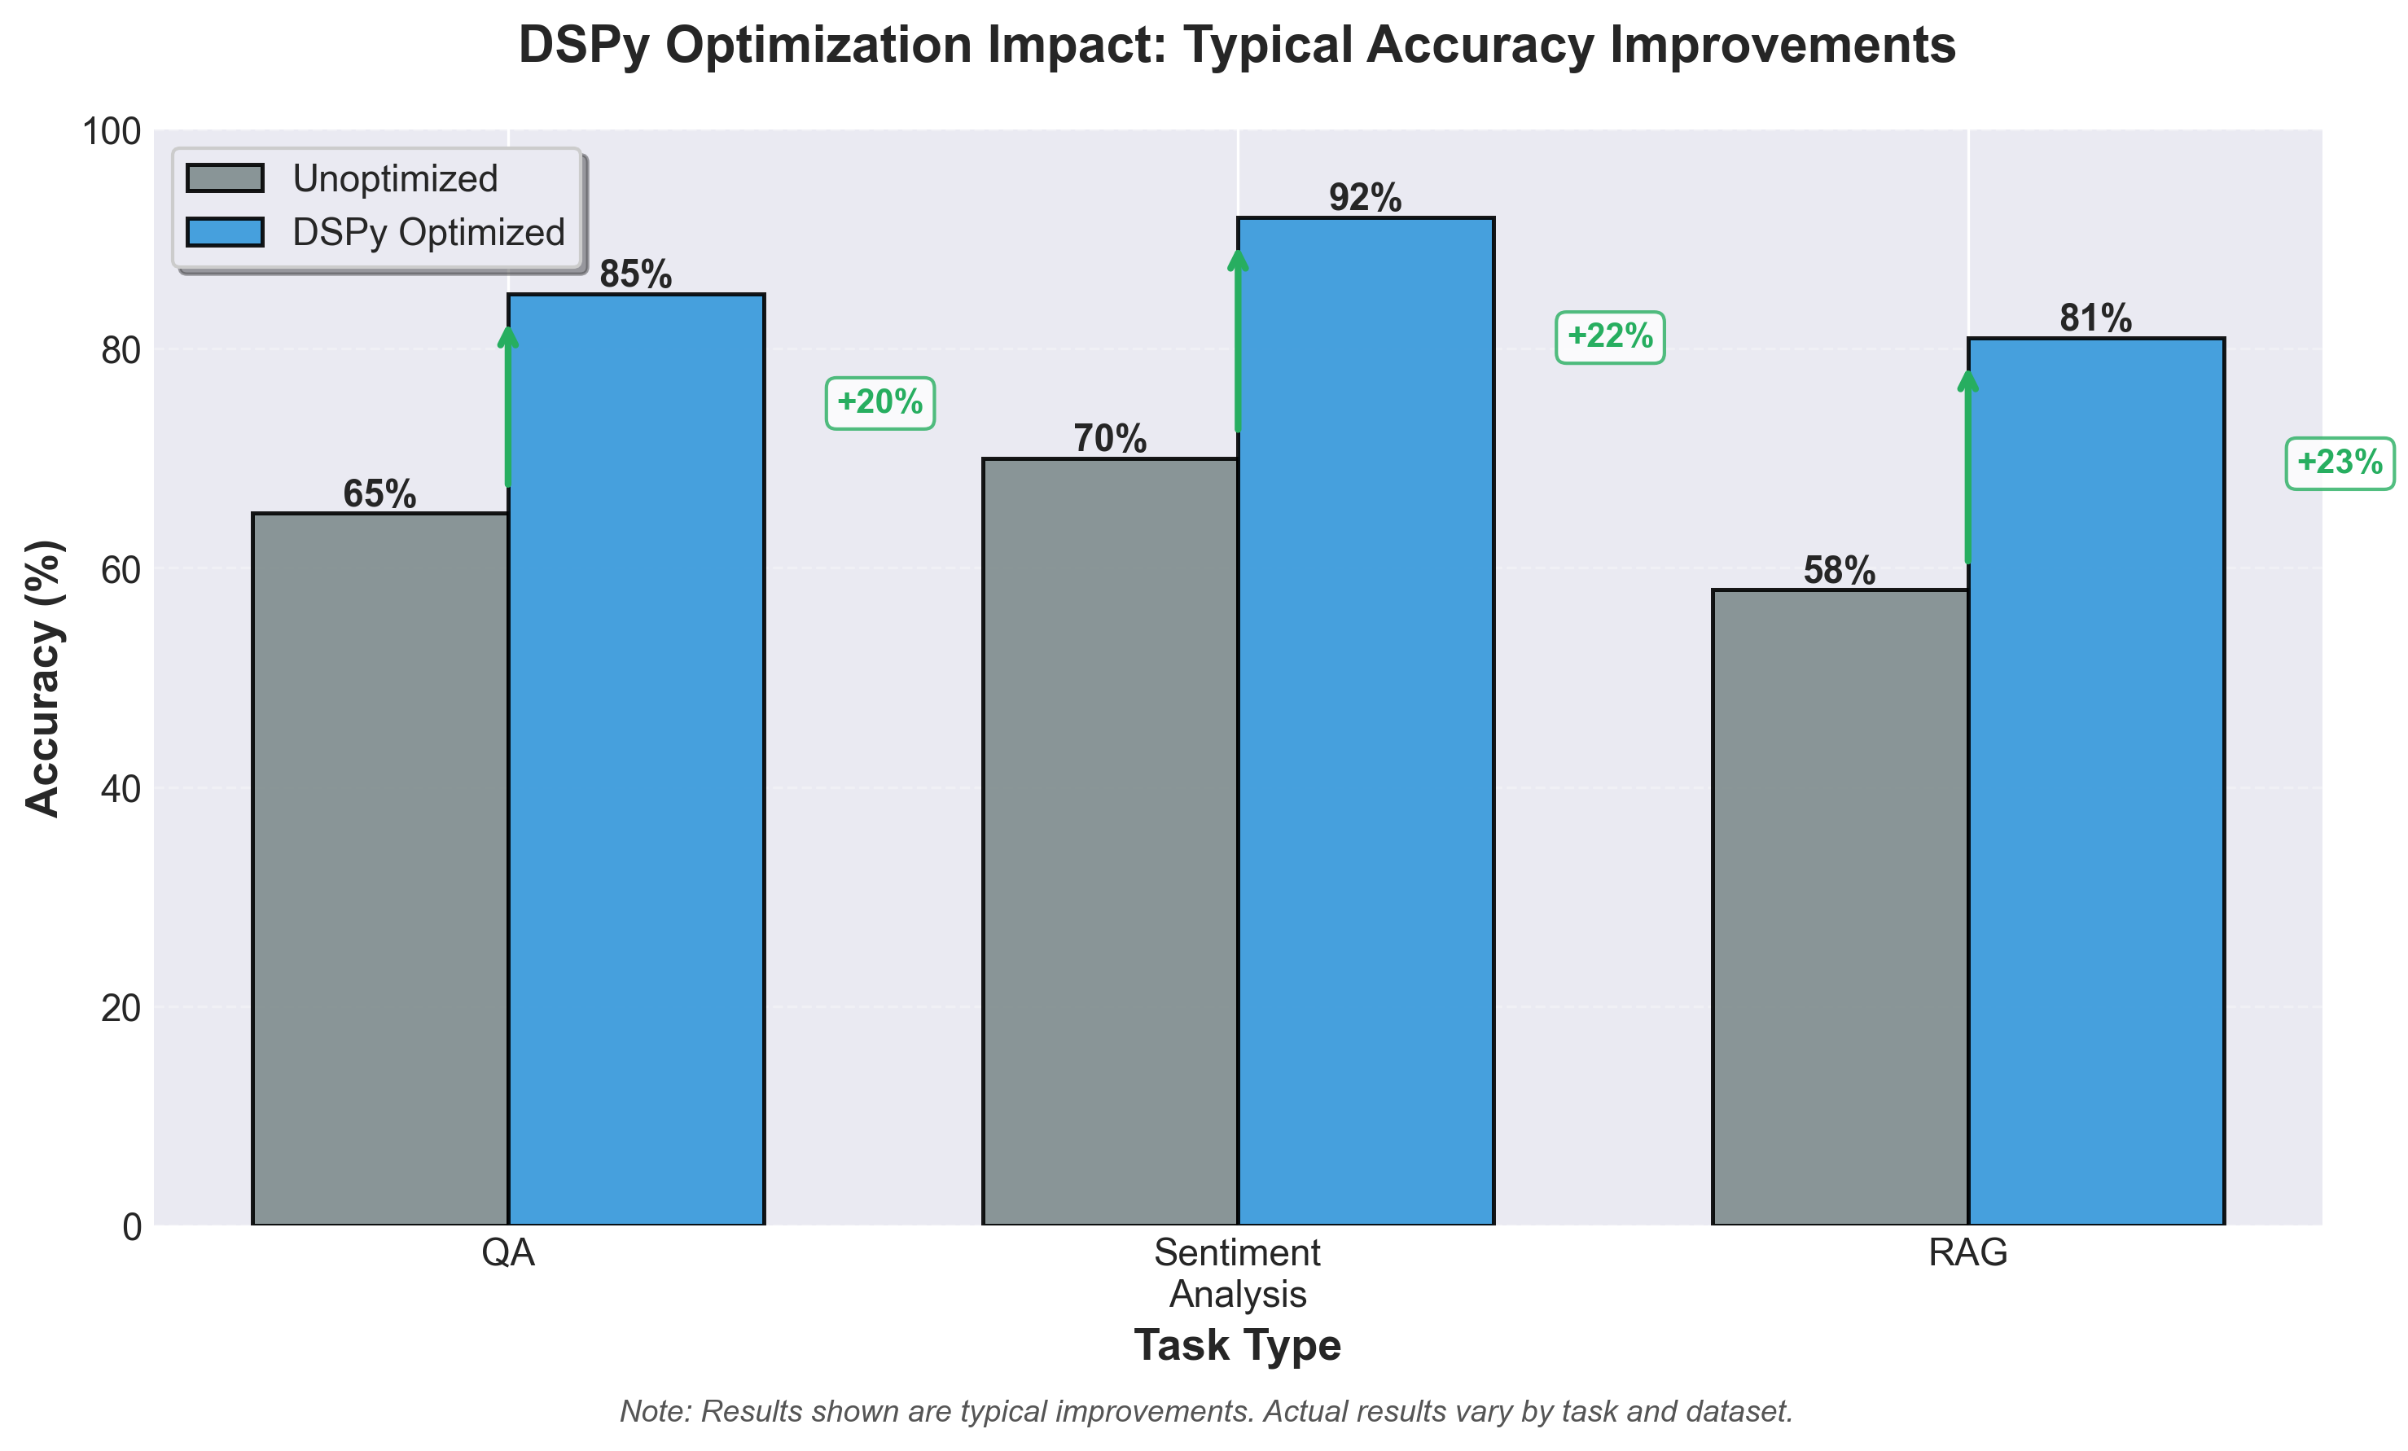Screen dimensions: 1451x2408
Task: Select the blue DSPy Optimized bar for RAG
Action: tap(2095, 782)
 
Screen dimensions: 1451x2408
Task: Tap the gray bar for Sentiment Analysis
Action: tap(1109, 840)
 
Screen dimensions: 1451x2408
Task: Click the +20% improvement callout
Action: tap(879, 402)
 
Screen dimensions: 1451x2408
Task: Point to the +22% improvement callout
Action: tap(1610, 337)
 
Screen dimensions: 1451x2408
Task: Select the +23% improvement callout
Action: tap(2339, 462)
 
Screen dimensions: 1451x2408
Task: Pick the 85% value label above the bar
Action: tap(635, 274)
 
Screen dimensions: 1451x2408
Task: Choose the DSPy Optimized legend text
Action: tap(428, 233)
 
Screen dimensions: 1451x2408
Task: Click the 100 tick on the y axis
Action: tap(112, 132)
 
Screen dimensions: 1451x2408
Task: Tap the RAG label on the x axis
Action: tap(1967, 1252)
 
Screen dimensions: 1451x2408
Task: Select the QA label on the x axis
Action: tap(508, 1252)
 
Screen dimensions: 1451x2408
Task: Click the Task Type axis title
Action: tap(1237, 1345)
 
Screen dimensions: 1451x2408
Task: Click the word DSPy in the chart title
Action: tap(582, 46)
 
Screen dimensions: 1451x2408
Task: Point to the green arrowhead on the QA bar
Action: tap(508, 337)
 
